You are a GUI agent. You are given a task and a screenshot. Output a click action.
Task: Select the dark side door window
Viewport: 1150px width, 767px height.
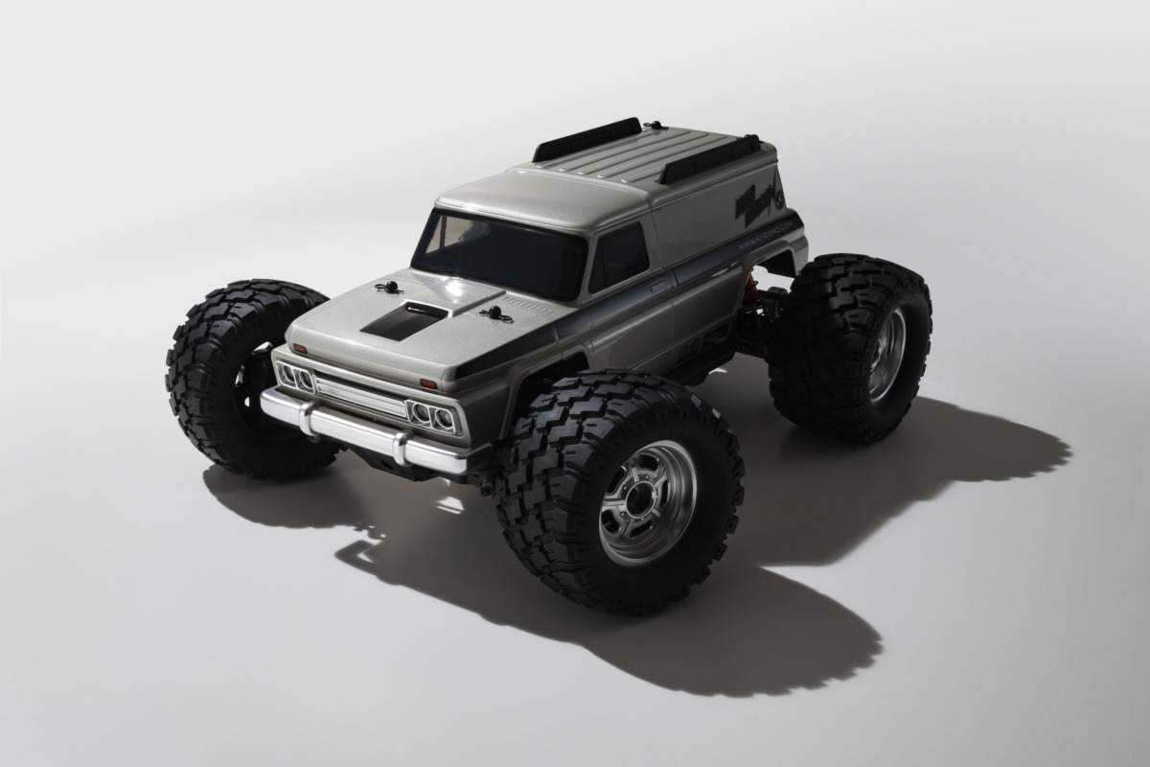pyautogui.click(x=618, y=256)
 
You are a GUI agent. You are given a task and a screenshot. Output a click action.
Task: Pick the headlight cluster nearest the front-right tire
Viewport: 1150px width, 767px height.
pyautogui.click(x=432, y=416)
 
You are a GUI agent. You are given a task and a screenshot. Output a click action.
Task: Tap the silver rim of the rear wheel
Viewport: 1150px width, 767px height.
pyautogui.click(x=886, y=354)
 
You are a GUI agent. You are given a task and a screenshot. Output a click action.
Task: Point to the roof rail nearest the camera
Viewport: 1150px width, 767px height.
pyautogui.click(x=710, y=158)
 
